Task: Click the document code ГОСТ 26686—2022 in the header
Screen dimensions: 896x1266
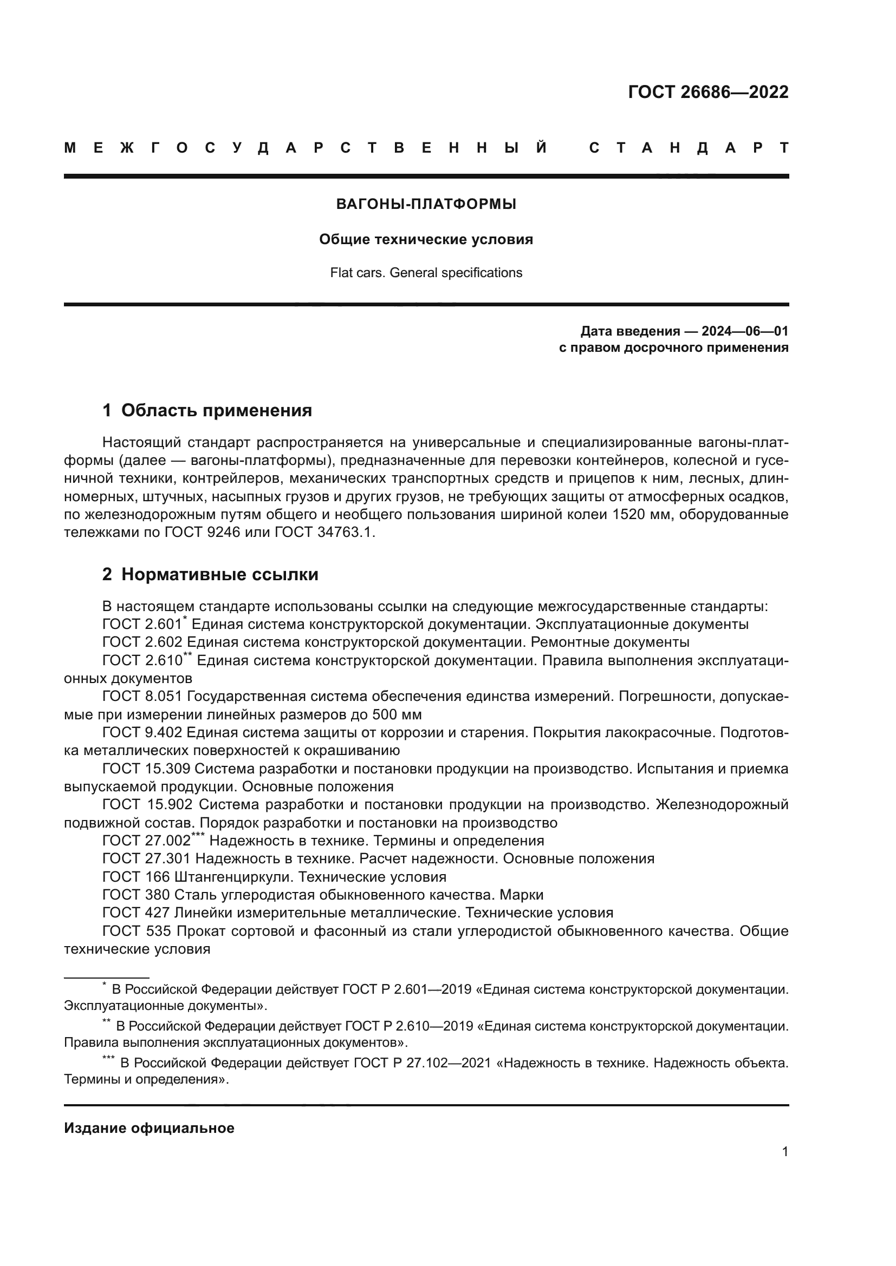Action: point(708,92)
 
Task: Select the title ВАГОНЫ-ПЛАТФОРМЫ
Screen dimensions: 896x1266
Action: point(426,205)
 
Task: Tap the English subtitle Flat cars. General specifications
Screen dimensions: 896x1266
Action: point(426,273)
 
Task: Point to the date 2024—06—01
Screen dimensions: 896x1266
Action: point(744,331)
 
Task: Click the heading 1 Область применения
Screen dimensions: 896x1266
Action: point(207,410)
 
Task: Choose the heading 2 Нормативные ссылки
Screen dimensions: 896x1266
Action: point(210,575)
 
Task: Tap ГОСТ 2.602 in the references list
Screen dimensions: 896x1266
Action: point(142,642)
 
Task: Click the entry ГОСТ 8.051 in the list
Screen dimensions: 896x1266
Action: point(142,697)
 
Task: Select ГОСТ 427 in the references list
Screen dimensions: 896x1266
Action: point(136,913)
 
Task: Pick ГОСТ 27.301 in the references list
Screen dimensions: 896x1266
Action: point(146,858)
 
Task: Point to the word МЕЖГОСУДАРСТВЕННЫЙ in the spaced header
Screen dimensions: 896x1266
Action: point(306,148)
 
